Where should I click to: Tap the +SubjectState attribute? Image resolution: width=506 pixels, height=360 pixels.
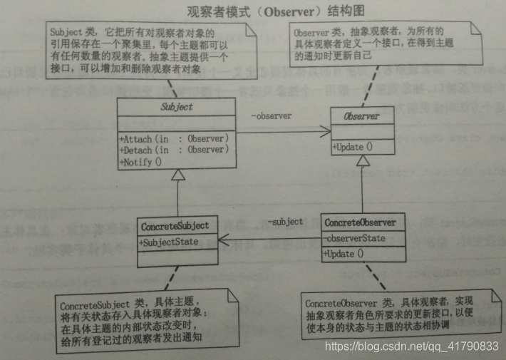[172, 242]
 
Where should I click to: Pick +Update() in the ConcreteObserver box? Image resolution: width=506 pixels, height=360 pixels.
[346, 254]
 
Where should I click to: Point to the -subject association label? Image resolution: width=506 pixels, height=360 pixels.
[285, 222]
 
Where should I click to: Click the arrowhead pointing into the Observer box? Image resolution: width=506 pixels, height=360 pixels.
[326, 130]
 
